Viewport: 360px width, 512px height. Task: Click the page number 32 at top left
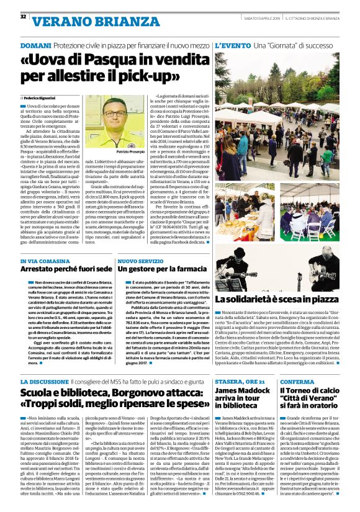pyautogui.click(x=23, y=16)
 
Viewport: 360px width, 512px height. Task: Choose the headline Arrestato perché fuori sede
pyautogui.click(x=66, y=270)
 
